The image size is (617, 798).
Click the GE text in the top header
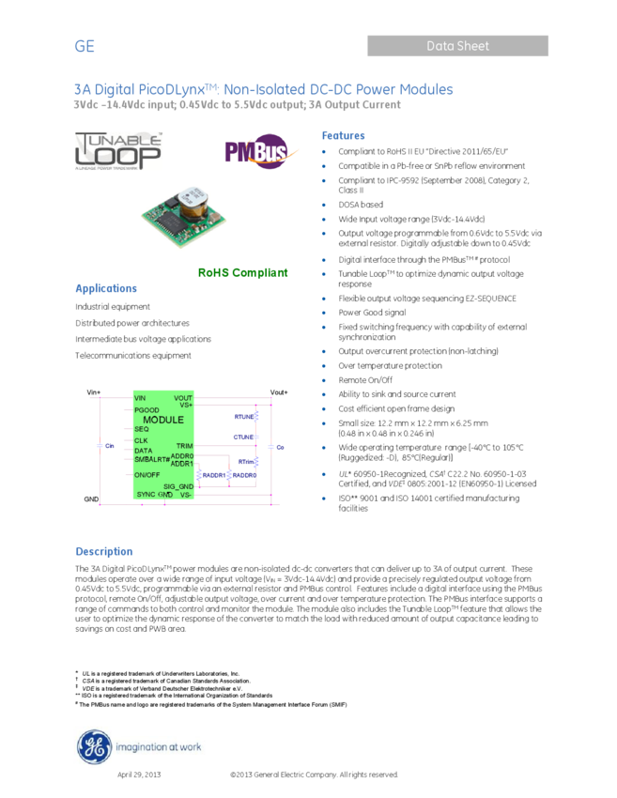pyautogui.click(x=85, y=47)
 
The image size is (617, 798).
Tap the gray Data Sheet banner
pyautogui.click(x=457, y=46)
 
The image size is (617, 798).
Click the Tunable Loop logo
pyautogui.click(x=118, y=152)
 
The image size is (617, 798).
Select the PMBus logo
pyautogui.click(x=262, y=152)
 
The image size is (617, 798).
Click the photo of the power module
pyautogui.click(x=189, y=218)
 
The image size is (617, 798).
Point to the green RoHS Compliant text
pyautogui.click(x=242, y=272)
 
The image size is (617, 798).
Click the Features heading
pyautogui.click(x=343, y=136)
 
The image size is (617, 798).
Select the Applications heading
pyautogui.click(x=106, y=288)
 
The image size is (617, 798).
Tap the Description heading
pyautogui.click(x=104, y=551)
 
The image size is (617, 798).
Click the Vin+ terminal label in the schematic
pyautogui.click(x=93, y=392)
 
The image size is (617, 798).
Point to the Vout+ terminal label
pyautogui.click(x=279, y=392)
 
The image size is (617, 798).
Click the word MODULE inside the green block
pyautogui.click(x=163, y=420)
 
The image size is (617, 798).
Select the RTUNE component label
pyautogui.click(x=244, y=416)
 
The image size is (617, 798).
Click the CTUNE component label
pyautogui.click(x=244, y=437)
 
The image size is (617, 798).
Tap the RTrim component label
pyautogui.click(x=246, y=462)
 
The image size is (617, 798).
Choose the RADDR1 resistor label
pyautogui.click(x=214, y=476)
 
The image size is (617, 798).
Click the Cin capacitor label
pyautogui.click(x=109, y=447)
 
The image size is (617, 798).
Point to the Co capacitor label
pyautogui.click(x=280, y=448)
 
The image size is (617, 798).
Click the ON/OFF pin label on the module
pyautogui.click(x=147, y=475)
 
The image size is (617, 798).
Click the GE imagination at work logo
pyautogui.click(x=139, y=747)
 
